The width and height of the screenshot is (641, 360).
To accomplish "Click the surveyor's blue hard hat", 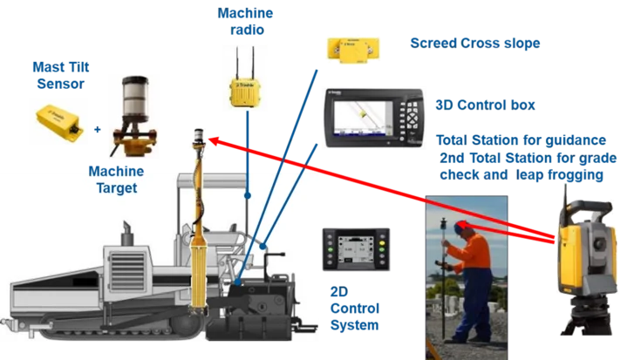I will point(460,226).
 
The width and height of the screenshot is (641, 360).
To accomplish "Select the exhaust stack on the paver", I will point(127,233).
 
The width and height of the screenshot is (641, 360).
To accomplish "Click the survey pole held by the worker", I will point(446,279).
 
